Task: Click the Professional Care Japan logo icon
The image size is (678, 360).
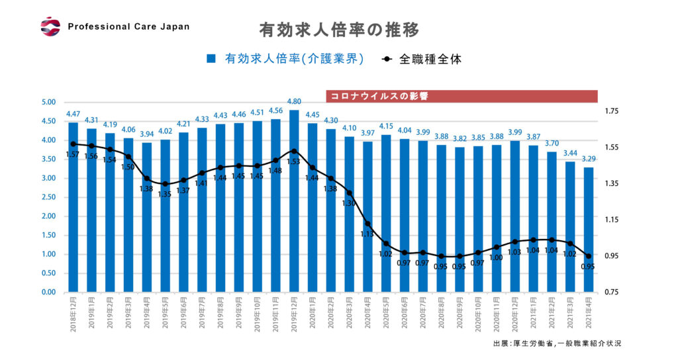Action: click(x=50, y=26)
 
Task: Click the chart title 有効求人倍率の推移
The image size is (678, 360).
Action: click(x=339, y=30)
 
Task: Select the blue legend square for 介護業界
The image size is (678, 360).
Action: click(x=211, y=59)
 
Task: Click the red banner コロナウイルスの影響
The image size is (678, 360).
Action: click(x=461, y=96)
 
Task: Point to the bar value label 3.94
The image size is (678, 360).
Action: click(x=147, y=134)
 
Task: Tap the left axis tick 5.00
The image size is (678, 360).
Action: click(x=50, y=103)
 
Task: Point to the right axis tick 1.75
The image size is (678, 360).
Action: click(x=613, y=111)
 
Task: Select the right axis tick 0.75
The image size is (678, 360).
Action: click(x=613, y=292)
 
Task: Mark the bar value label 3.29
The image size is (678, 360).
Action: click(x=589, y=159)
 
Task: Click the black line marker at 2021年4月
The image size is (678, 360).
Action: click(x=589, y=257)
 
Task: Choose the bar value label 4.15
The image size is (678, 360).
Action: click(x=387, y=126)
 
